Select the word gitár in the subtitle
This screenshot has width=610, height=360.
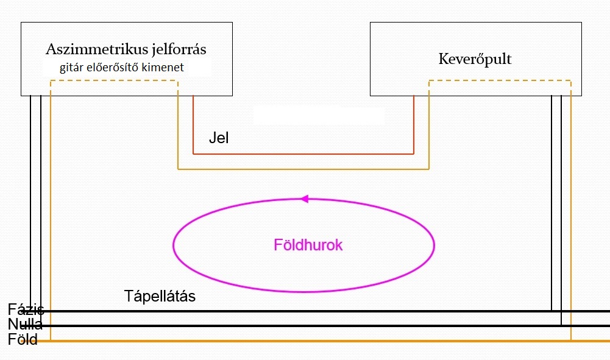pyautogui.click(x=71, y=68)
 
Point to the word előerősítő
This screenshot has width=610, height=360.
pyautogui.click(x=112, y=67)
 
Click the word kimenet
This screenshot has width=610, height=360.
pyautogui.click(x=163, y=67)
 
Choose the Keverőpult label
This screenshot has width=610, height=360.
pyautogui.click(x=475, y=59)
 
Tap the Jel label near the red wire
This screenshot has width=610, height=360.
pyautogui.click(x=219, y=138)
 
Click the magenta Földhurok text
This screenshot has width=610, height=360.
pyautogui.click(x=308, y=245)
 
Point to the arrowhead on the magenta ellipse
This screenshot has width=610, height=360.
pyautogui.click(x=305, y=199)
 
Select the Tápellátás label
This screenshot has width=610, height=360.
pyautogui.click(x=160, y=296)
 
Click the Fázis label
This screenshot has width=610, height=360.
pyautogui.click(x=26, y=309)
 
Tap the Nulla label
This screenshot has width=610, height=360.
pyautogui.click(x=25, y=324)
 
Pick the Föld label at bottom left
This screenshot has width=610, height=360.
pyautogui.click(x=23, y=339)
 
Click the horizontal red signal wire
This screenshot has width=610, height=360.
pyautogui.click(x=303, y=154)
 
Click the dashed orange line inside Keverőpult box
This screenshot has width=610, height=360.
pyautogui.click(x=500, y=81)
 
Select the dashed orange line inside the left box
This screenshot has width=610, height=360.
pyautogui.click(x=115, y=81)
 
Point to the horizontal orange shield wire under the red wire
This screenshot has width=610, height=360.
pyautogui.click(x=303, y=169)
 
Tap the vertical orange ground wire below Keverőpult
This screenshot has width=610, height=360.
pyautogui.click(x=571, y=218)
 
